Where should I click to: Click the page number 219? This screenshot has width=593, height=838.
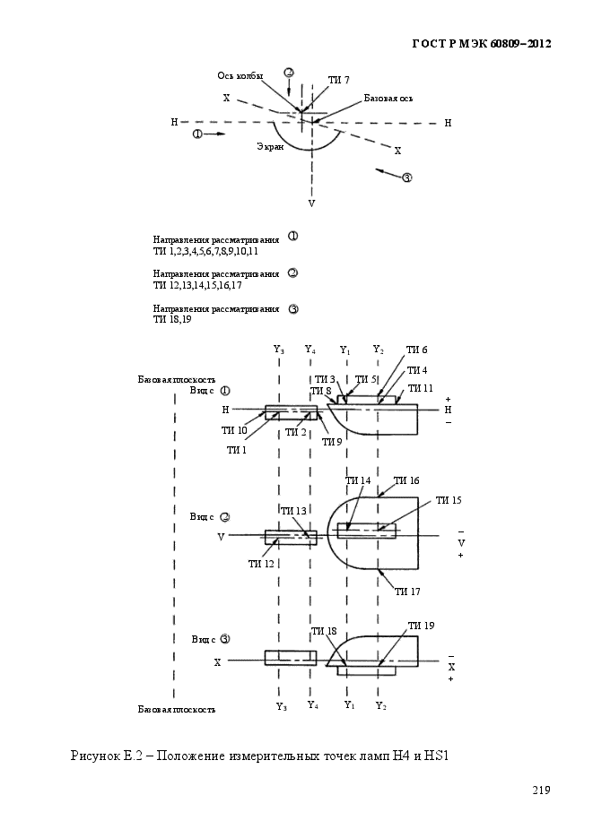(541, 790)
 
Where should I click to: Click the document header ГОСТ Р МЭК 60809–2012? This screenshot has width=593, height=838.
(481, 44)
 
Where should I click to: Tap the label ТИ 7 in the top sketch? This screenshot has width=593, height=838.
(338, 80)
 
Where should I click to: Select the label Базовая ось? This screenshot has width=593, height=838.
(388, 99)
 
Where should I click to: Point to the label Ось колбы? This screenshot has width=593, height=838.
(240, 76)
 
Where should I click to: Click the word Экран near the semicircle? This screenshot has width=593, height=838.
(270, 146)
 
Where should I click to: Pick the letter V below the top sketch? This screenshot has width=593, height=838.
(311, 203)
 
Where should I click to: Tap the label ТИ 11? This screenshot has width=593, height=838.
(421, 389)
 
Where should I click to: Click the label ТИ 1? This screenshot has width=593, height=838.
(236, 450)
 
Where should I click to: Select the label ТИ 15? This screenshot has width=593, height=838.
(449, 500)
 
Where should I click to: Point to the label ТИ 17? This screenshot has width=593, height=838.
(407, 592)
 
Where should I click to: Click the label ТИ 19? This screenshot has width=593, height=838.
(422, 626)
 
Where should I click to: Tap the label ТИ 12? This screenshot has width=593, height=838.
(261, 564)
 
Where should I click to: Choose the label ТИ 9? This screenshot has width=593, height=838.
(332, 442)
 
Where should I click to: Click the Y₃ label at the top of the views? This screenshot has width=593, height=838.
(279, 350)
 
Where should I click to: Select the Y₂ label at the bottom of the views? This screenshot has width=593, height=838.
(380, 705)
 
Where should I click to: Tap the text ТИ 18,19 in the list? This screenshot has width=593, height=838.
(172, 320)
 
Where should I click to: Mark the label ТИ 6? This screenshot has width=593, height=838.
(416, 350)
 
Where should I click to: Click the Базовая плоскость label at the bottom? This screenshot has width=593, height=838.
(177, 710)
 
